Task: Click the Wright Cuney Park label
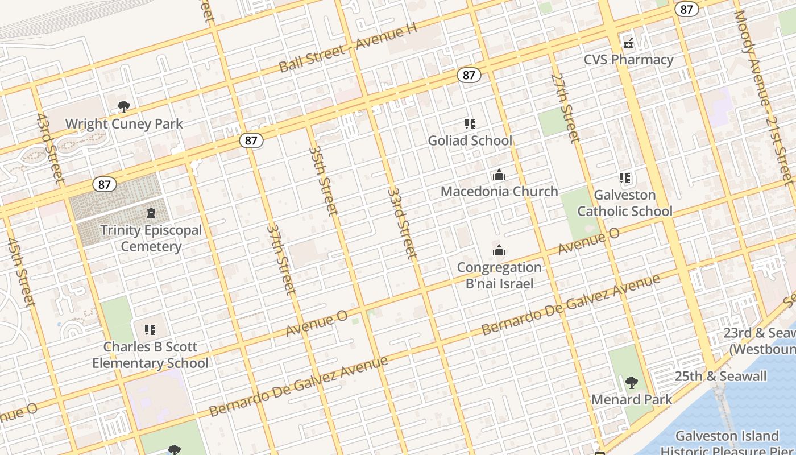click(124, 124)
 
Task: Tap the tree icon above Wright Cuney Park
click(123, 106)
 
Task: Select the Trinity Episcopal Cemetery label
click(151, 238)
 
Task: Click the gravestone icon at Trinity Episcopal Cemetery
click(151, 214)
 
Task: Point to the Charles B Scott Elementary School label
click(151, 355)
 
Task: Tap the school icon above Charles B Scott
click(150, 330)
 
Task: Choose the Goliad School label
click(470, 140)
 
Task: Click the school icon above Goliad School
click(470, 123)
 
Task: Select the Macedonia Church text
click(499, 191)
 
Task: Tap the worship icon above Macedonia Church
click(499, 175)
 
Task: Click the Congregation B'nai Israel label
click(499, 275)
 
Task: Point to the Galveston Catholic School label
click(625, 203)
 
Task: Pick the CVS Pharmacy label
click(629, 60)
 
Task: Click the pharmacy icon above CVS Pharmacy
click(628, 43)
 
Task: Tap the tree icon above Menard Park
click(631, 383)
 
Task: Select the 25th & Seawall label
click(720, 377)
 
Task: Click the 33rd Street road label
click(402, 224)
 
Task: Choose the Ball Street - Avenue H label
click(348, 48)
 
